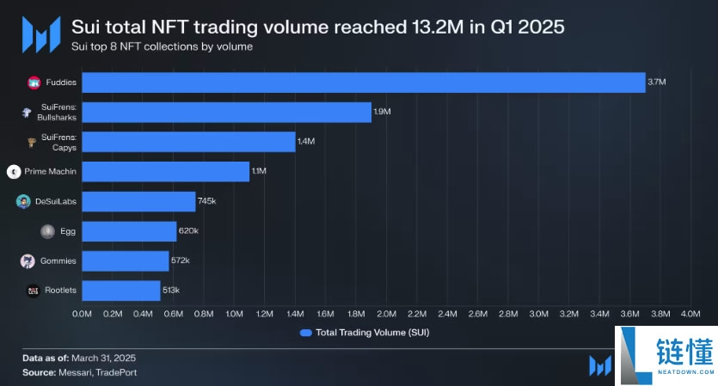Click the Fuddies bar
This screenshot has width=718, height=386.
point(363,83)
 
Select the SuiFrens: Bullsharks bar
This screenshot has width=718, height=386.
point(226,113)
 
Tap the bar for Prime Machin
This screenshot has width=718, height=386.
point(165,172)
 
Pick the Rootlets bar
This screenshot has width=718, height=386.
point(121,291)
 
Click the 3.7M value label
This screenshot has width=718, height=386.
point(657,83)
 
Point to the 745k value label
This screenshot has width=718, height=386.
point(206,201)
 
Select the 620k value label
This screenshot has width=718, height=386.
point(188,231)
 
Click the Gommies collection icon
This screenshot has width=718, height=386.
point(27,260)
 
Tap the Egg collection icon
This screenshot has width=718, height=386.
point(47,231)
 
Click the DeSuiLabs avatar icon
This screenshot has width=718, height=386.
point(23,201)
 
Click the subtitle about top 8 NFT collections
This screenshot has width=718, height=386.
point(162,47)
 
